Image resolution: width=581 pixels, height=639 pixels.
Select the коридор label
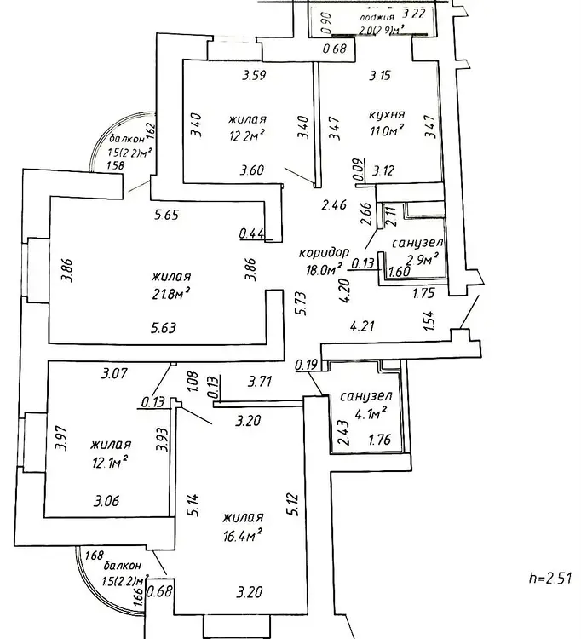point(325,254)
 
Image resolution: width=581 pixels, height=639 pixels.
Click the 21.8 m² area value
point(170,292)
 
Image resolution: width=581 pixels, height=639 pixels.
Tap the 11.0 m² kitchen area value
point(385,130)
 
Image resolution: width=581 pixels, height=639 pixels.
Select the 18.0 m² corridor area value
point(326,270)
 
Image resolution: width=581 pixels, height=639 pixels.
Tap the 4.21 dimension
point(365,325)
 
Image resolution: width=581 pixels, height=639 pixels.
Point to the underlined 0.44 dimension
point(253,232)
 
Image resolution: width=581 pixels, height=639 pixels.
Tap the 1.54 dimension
point(429,320)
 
